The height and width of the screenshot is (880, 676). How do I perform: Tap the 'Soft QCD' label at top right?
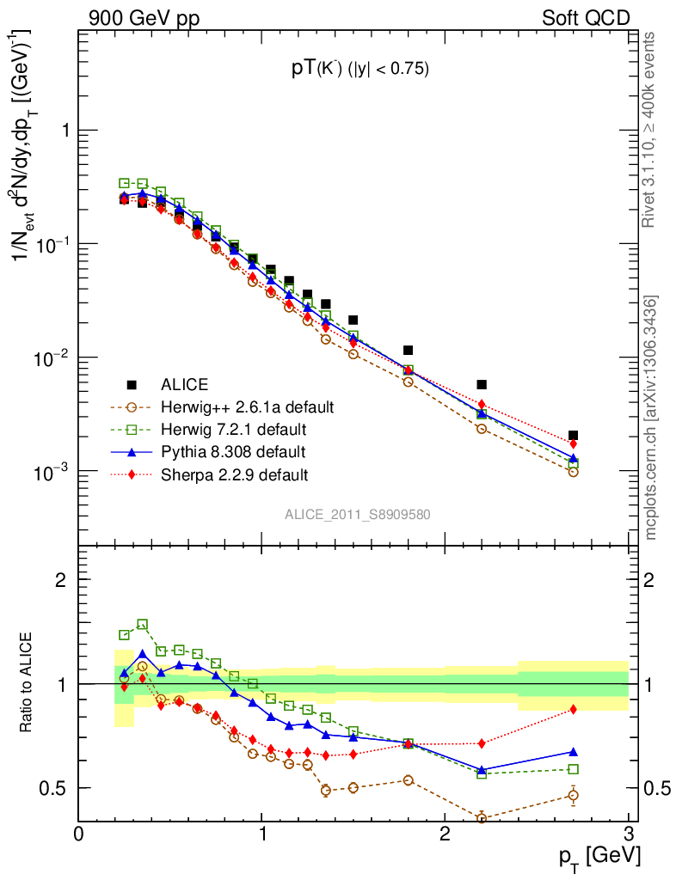click(586, 17)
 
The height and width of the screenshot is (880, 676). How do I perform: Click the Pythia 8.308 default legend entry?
click(233, 451)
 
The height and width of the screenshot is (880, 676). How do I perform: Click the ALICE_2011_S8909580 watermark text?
click(358, 514)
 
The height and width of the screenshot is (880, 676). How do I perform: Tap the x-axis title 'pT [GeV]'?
click(600, 857)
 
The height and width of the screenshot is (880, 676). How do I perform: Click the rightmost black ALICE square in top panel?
click(573, 436)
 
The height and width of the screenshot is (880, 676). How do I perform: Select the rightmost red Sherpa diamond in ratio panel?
click(573, 709)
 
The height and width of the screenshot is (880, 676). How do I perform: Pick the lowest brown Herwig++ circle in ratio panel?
click(482, 818)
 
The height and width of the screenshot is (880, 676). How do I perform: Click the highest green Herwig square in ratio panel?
click(143, 624)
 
